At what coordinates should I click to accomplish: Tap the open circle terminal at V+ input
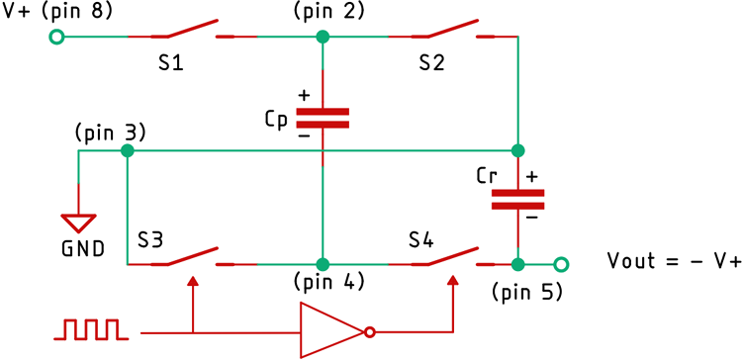[x=56, y=38]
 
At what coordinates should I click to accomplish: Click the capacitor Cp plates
[x=323, y=118]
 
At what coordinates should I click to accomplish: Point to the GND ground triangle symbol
[x=77, y=223]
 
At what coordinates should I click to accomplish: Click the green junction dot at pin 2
[x=323, y=38]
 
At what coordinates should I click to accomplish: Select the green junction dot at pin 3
[x=127, y=151]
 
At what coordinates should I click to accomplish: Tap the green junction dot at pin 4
[x=323, y=264]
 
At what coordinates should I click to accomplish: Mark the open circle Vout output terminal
[x=562, y=264]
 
